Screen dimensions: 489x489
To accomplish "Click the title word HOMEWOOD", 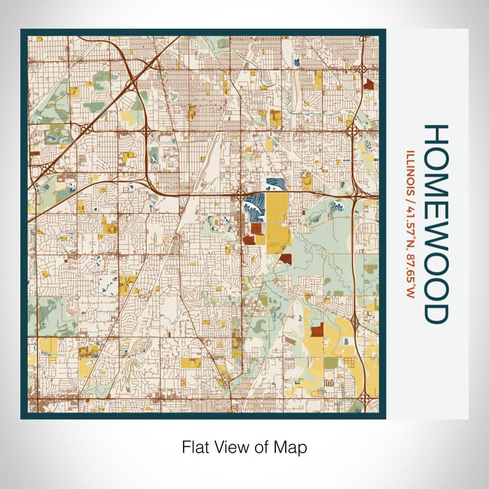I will coord(435,224).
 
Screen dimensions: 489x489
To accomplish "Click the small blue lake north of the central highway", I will coord(275,184).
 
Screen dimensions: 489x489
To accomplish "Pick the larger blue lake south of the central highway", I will coord(251,208).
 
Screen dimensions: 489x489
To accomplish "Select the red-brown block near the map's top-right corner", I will coord(368,84).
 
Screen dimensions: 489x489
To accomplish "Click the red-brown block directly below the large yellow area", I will coord(285,259).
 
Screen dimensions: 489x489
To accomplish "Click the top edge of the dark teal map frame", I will coord(203,32).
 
